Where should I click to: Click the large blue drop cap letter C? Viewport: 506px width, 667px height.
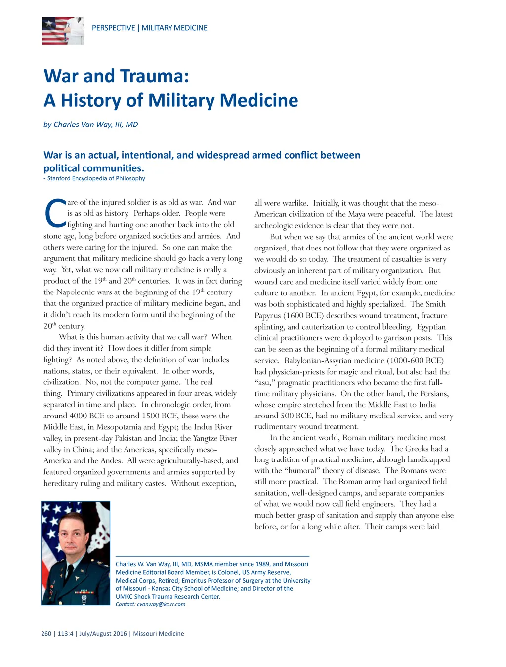tap(55, 213)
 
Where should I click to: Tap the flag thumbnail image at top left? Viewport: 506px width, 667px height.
tap(63, 31)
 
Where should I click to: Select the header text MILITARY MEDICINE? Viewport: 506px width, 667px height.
tap(174, 28)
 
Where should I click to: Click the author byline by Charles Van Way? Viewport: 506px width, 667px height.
tap(91, 125)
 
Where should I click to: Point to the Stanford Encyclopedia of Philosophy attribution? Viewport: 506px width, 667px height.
tap(96, 178)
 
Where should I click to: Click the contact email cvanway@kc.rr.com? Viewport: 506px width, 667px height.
tap(161, 604)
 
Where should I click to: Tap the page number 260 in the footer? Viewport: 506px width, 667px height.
tap(46, 634)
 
